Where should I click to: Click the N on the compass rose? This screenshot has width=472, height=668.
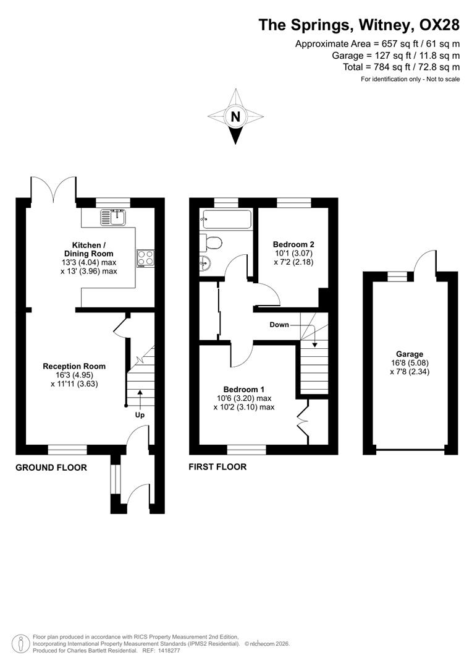tap(235, 116)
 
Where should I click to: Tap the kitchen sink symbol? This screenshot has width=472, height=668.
tap(114, 217)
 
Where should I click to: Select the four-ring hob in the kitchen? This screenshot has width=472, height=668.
tap(145, 257)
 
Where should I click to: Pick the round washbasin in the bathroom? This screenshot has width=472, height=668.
tap(205, 264)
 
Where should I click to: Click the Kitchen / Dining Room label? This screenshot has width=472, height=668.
tap(89, 249)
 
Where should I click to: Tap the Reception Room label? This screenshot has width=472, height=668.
tap(74, 366)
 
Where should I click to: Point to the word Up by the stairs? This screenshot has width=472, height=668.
tap(140, 415)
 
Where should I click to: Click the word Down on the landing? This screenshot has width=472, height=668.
tap(279, 325)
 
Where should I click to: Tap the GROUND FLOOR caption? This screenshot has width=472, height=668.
tap(51, 468)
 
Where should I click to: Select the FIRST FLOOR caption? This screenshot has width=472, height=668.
tap(217, 467)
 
